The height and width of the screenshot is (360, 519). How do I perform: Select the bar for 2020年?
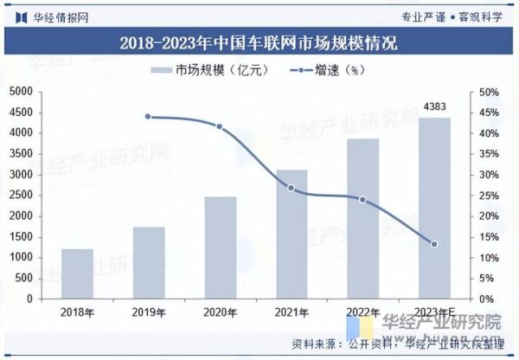click(x=220, y=247)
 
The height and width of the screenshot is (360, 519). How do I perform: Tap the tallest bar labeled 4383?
click(x=434, y=208)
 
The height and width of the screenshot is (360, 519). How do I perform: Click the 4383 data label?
click(x=434, y=106)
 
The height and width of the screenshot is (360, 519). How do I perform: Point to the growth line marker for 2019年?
click(x=148, y=116)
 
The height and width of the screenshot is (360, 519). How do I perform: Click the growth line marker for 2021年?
click(x=292, y=188)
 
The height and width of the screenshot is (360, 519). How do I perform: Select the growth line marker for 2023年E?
click(x=434, y=244)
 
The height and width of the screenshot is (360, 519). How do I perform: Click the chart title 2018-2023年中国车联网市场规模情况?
click(x=259, y=42)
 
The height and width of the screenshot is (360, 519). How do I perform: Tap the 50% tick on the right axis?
click(x=488, y=92)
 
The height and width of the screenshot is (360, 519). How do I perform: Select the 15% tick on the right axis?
click(x=488, y=237)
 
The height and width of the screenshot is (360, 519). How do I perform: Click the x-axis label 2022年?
click(x=363, y=312)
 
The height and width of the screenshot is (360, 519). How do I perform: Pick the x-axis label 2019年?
click(x=148, y=312)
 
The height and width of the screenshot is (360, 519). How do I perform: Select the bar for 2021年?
click(x=292, y=234)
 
